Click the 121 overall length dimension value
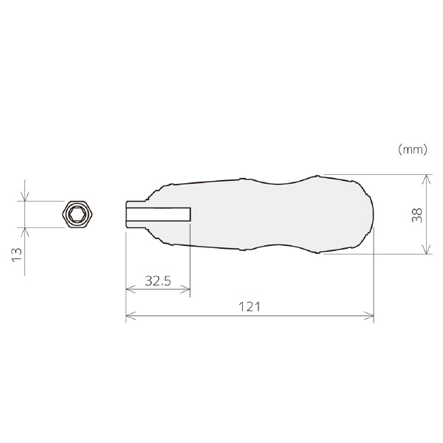(250, 307)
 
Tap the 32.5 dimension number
(158, 281)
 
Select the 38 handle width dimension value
(417, 216)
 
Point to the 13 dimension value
(17, 255)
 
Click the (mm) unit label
(413, 149)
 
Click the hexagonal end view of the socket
(78, 214)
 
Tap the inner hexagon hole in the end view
(76, 214)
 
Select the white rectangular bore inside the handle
(159, 214)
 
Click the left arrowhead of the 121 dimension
(131, 316)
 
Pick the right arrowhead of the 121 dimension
(369, 316)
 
